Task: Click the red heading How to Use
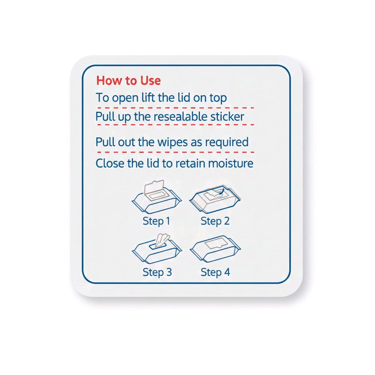click(x=128, y=81)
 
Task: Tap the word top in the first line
click(x=218, y=98)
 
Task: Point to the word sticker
click(x=227, y=117)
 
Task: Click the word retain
click(x=190, y=163)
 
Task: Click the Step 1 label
click(x=156, y=221)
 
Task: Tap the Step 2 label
click(x=215, y=221)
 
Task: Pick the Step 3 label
click(x=157, y=272)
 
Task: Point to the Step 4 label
click(x=215, y=272)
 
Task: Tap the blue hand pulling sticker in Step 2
click(x=221, y=192)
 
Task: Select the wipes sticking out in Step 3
click(x=162, y=240)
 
